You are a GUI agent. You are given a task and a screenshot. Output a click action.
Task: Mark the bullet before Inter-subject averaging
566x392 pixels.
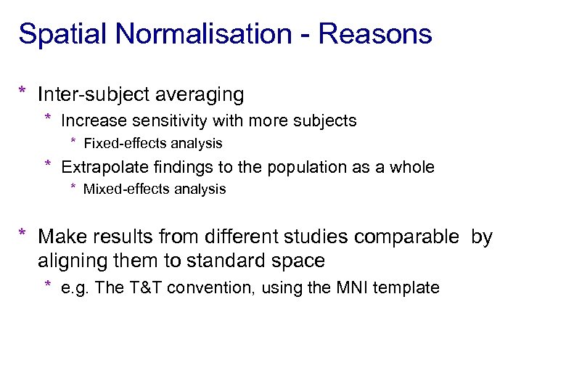(x=23, y=92)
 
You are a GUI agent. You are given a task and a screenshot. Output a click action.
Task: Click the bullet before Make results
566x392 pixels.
(x=23, y=234)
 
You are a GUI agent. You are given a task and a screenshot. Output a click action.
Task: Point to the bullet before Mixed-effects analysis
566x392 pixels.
(x=73, y=188)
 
